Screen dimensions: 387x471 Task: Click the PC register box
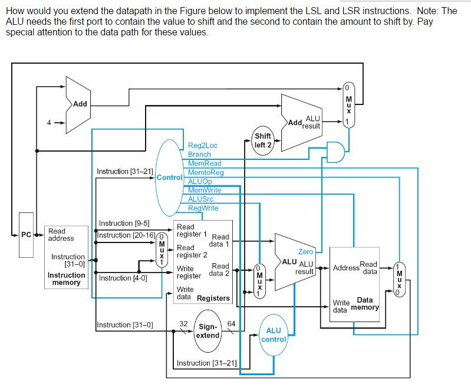[x=26, y=235]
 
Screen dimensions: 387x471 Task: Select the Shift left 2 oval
[x=263, y=140]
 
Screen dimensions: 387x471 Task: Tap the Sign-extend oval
[x=208, y=331]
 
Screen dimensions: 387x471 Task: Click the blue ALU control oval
[x=274, y=335]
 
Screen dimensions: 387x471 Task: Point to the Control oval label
[x=170, y=177]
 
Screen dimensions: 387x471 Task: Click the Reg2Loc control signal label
[x=202, y=145]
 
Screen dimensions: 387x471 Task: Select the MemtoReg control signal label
[x=205, y=172]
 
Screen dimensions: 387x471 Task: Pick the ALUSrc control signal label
[x=200, y=199]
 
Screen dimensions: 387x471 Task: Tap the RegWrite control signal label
[x=203, y=208]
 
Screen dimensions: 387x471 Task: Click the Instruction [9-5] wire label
[x=124, y=223]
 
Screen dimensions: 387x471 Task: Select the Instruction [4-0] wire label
[x=123, y=278]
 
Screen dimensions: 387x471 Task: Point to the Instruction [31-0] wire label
[x=124, y=324]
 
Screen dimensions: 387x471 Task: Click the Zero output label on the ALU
[x=306, y=251]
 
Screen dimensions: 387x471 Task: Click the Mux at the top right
[x=348, y=104]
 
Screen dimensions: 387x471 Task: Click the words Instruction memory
[x=66, y=278]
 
